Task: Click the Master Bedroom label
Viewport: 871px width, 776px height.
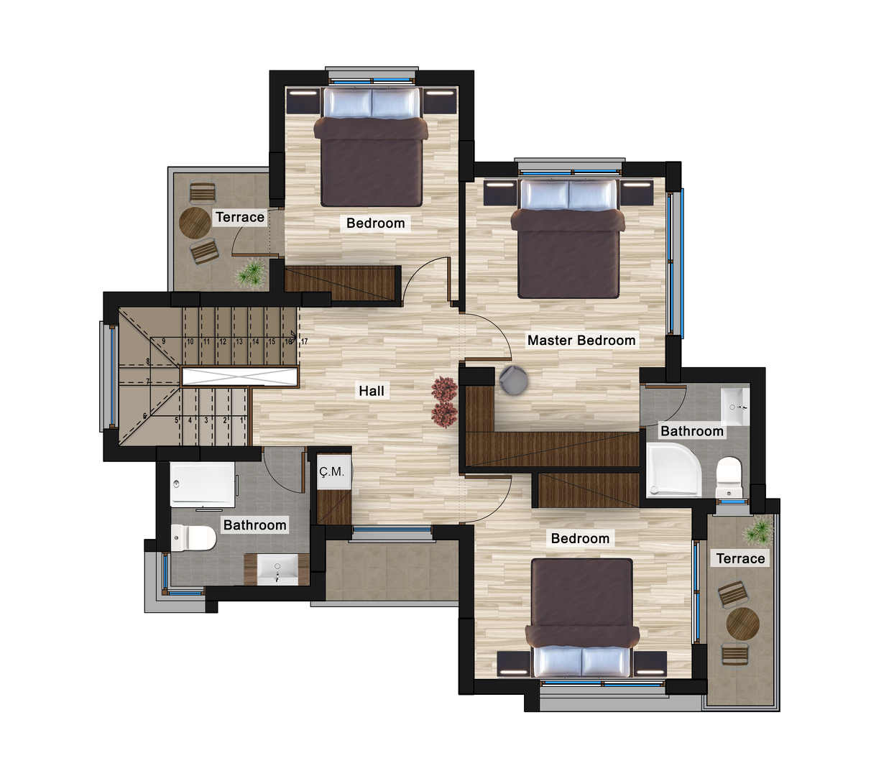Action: click(581, 341)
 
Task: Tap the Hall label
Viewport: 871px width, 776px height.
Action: click(372, 391)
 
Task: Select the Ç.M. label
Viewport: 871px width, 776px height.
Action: click(332, 472)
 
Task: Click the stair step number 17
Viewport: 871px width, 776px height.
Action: click(305, 342)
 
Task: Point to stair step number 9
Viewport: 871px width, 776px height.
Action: click(164, 341)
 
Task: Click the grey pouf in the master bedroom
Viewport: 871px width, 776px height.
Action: click(513, 379)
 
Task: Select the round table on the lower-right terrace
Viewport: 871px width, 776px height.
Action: click(742, 624)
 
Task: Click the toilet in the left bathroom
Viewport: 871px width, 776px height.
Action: click(193, 538)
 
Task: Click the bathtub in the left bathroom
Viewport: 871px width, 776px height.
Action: click(203, 484)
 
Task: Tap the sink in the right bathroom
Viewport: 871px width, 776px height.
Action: click(734, 406)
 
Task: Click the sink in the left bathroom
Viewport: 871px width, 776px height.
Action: click(277, 569)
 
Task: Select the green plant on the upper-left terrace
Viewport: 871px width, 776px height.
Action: click(251, 273)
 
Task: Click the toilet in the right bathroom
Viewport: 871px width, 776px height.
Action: click(729, 477)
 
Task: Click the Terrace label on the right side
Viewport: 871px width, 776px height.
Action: click(740, 558)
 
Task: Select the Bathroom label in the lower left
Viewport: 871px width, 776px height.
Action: click(254, 525)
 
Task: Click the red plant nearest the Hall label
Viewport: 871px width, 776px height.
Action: click(445, 389)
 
